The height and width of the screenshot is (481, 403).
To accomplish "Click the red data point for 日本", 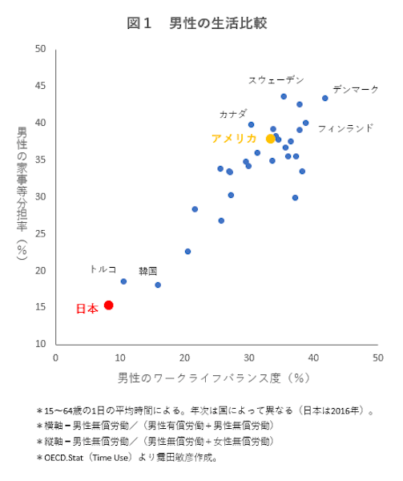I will coord(108,305).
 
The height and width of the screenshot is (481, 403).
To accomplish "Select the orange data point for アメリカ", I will coord(271,139).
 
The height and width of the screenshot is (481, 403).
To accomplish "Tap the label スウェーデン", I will coord(276,79).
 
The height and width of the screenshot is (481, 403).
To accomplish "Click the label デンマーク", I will coord(355,89).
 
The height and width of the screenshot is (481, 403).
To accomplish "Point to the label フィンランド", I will coord(345,127).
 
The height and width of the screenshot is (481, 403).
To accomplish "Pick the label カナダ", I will coord(233,114).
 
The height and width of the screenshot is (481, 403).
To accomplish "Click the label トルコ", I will coord(103,269).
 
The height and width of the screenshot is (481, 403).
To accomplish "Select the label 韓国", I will coord(147,271).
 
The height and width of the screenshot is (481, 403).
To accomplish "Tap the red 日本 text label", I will coord(87,308).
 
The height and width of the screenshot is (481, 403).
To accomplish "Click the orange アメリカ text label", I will coord(235,139).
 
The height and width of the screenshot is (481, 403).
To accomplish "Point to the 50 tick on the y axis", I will coord(40,49).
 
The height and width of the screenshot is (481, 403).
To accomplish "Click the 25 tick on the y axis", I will coord(40,233).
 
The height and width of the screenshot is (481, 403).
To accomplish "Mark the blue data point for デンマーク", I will coord(325,98).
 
